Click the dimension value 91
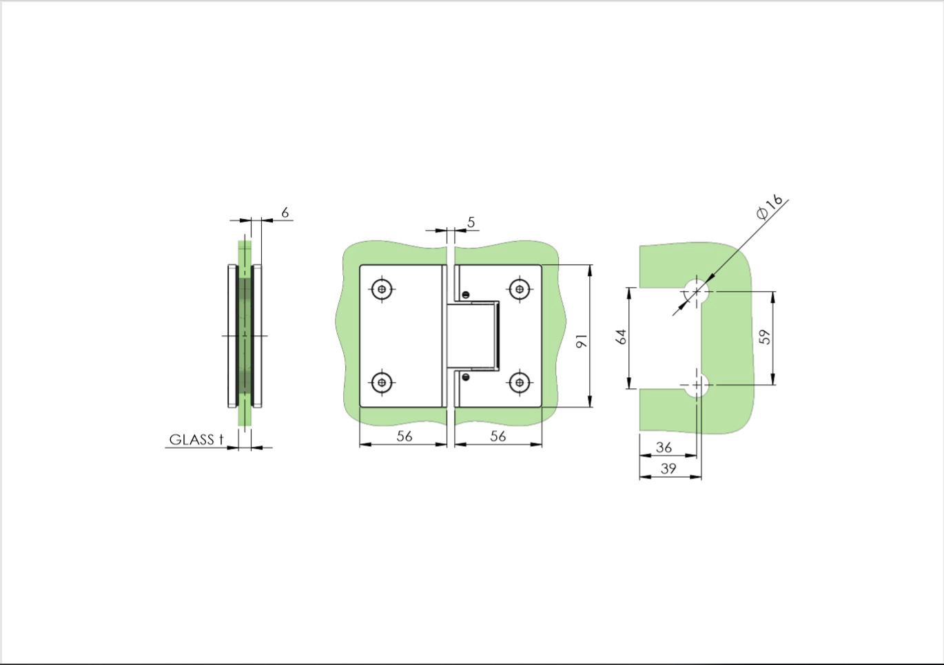click(x=582, y=341)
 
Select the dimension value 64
click(x=622, y=337)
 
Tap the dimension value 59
click(x=764, y=337)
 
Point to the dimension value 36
click(x=664, y=447)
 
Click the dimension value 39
click(x=668, y=468)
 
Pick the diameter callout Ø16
click(x=770, y=207)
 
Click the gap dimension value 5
click(x=471, y=222)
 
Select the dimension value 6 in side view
click(x=285, y=213)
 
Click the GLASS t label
click(x=196, y=440)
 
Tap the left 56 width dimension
click(x=404, y=436)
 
